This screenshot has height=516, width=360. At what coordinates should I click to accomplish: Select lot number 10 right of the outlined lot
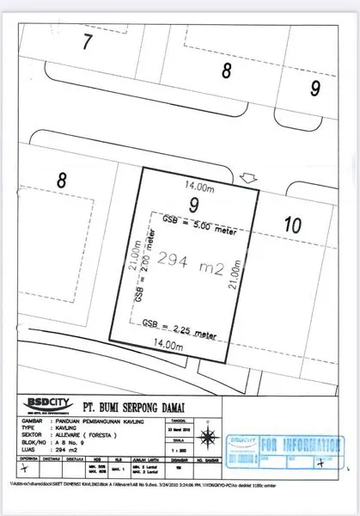tap(292, 225)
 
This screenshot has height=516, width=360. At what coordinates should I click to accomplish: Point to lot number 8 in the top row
tap(227, 71)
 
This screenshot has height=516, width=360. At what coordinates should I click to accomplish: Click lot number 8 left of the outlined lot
tap(61, 181)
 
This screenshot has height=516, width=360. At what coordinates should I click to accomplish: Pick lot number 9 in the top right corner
tap(315, 87)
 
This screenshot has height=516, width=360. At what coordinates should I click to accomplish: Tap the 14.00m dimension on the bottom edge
tap(168, 343)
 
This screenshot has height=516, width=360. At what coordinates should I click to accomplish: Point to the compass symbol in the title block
tap(321, 463)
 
